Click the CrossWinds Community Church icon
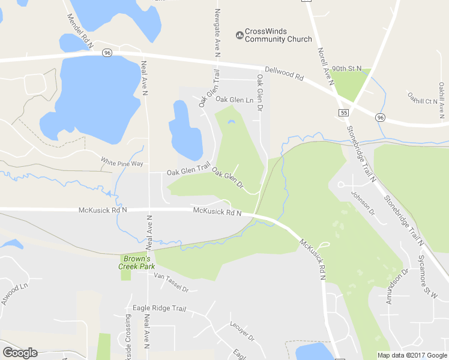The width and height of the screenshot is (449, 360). click(240, 35)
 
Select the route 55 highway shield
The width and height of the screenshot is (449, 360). click(343, 112)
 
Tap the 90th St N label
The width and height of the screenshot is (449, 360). click(346, 69)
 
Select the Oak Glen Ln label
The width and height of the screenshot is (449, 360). click(235, 100)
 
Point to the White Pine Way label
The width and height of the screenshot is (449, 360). click(122, 163)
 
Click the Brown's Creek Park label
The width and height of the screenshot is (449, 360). click(139, 262)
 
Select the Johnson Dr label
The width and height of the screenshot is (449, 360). click(363, 203)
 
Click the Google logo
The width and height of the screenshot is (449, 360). click(20, 353)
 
